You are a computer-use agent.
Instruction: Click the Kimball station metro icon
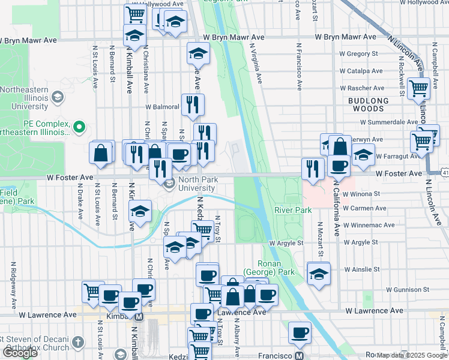tap(139, 316)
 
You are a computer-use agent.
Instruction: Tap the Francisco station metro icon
tap(299, 356)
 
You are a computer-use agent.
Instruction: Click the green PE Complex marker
tap(79, 127)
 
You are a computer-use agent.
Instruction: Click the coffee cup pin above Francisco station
tap(300, 332)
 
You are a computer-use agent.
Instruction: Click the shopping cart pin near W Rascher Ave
tap(419, 88)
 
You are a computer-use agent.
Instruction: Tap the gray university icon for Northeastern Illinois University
tap(58, 96)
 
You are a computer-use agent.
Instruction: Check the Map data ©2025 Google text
tap(411, 355)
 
